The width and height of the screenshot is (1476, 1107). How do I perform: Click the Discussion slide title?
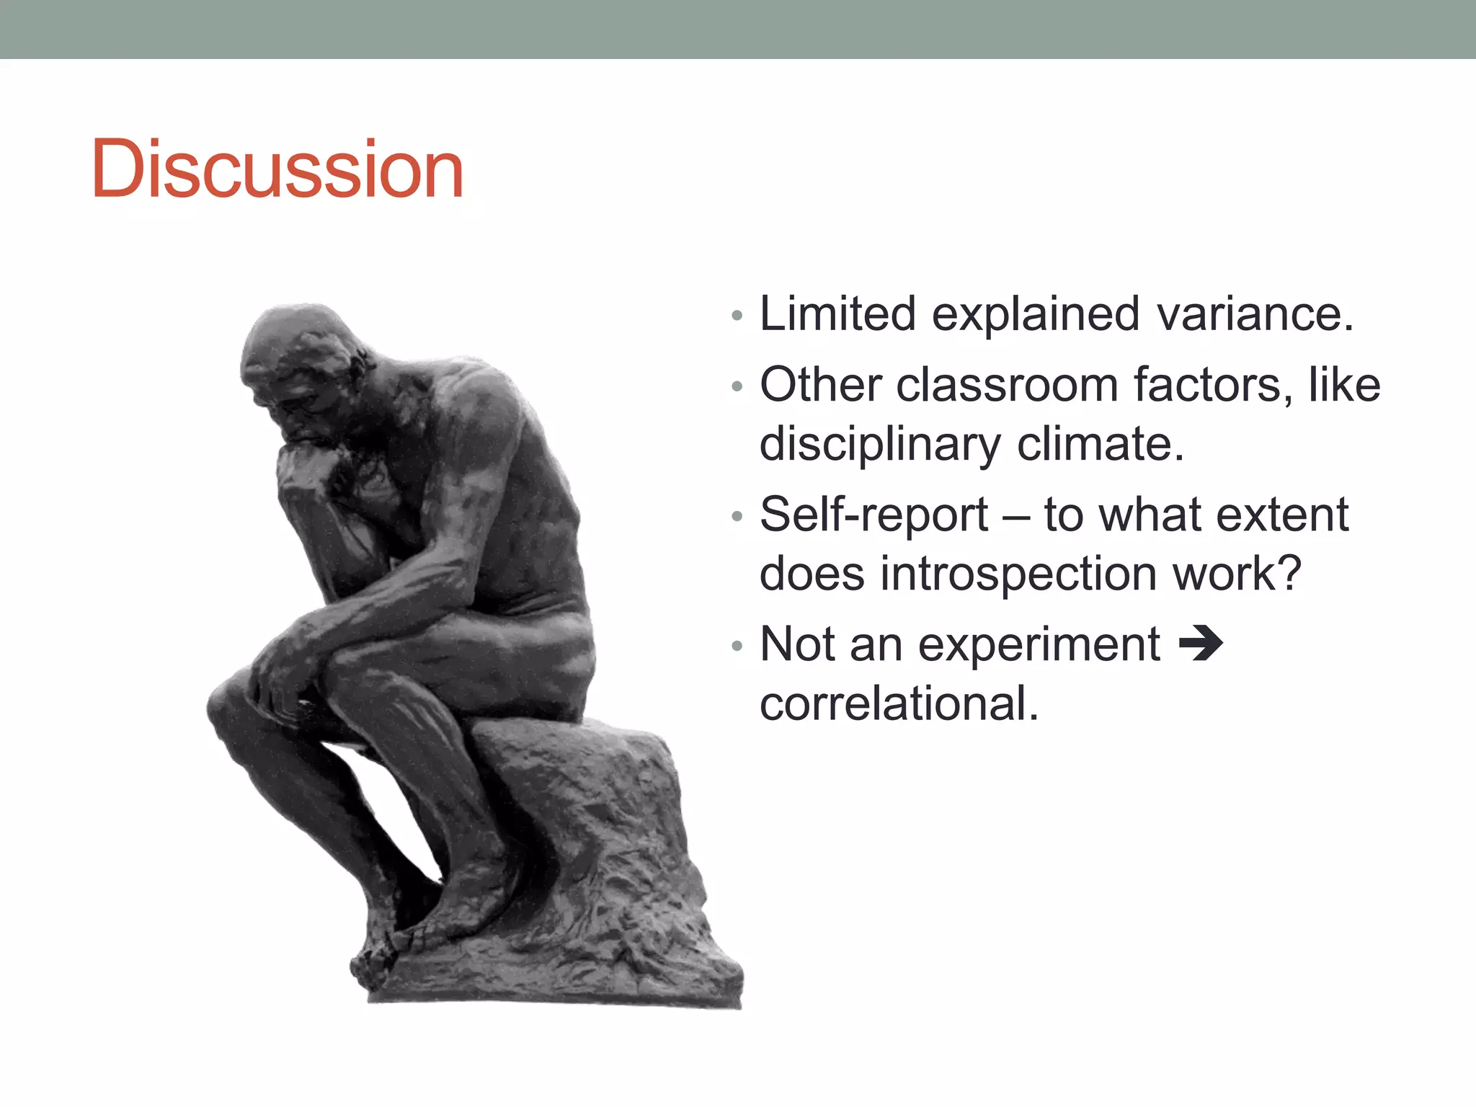click(277, 169)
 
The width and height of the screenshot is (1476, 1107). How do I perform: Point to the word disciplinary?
click(879, 445)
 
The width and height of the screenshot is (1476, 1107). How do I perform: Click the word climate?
click(1101, 444)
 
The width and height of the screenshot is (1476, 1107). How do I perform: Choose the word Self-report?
click(873, 515)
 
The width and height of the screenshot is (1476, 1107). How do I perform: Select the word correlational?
click(899, 704)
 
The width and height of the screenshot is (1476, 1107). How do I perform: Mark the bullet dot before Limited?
click(736, 316)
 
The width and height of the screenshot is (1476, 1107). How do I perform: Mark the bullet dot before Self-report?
click(736, 516)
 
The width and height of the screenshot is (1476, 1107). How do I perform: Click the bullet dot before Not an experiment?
click(736, 646)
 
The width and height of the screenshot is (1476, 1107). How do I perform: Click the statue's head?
click(295, 360)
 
